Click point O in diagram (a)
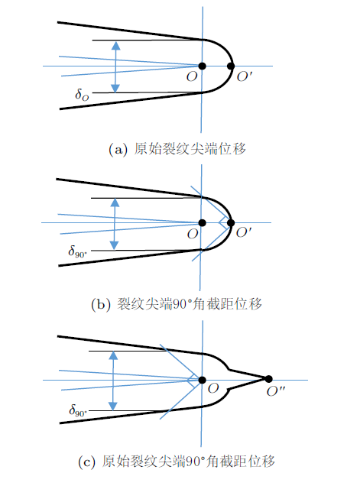pyautogui.click(x=203, y=66)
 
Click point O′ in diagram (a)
pyautogui.click(x=231, y=66)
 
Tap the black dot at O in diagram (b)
pyautogui.click(x=203, y=223)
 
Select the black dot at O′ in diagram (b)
pyautogui.click(x=231, y=223)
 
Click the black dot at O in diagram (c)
pyautogui.click(x=203, y=380)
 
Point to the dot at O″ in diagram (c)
pyautogui.click(x=269, y=379)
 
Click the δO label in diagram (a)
pyautogui.click(x=82, y=94)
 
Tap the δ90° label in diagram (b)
pyautogui.click(x=77, y=251)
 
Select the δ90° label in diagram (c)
pyautogui.click(x=78, y=410)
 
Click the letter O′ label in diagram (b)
pyautogui.click(x=244, y=232)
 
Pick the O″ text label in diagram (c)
pyautogui.click(x=276, y=391)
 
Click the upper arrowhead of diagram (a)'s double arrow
pyautogui.click(x=115, y=46)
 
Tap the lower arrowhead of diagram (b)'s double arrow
pyautogui.click(x=115, y=245)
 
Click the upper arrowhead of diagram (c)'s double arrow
pyautogui.click(x=113, y=355)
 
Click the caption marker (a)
pyautogui.click(x=118, y=150)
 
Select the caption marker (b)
pyautogui.click(x=101, y=305)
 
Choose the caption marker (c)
pyautogui.click(x=86, y=462)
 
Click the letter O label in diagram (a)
pyautogui.click(x=192, y=76)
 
